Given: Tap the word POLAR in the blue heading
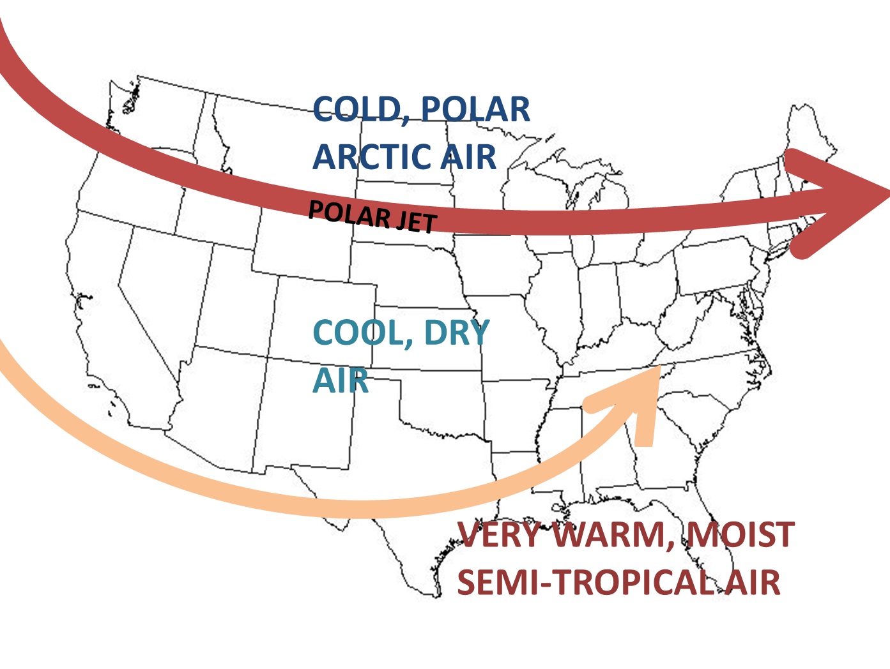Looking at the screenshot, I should click(x=475, y=110).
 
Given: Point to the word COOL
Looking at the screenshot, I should click(x=358, y=333).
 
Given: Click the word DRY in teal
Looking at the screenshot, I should click(x=456, y=333).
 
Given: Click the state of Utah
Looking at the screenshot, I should click(x=230, y=300).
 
